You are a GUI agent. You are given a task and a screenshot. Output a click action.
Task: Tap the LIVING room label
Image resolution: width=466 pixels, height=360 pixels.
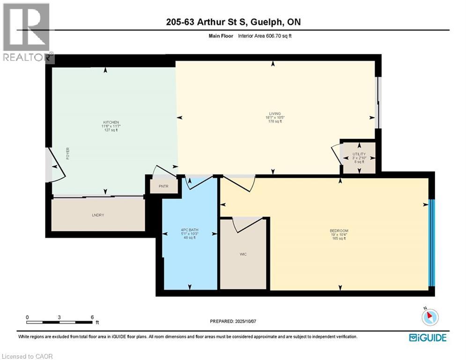tap(275, 113)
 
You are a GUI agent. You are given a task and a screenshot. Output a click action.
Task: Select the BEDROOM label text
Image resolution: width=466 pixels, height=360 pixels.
tap(339, 231)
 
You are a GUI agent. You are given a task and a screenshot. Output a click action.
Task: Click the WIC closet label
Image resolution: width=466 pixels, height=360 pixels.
tap(243, 254)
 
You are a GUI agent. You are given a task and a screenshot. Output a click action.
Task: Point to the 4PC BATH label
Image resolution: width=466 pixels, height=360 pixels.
tap(190, 230)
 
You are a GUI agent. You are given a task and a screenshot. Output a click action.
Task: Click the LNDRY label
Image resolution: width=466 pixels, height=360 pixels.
tap(97, 215)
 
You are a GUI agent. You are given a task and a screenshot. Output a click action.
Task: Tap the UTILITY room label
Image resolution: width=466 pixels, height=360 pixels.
tap(359, 154)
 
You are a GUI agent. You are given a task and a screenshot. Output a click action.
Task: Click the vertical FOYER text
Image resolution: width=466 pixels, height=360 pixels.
tap(67, 154)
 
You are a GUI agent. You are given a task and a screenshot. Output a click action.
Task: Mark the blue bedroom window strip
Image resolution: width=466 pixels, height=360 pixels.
tap(432, 242)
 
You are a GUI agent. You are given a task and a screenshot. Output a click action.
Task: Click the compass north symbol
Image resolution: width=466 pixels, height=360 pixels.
tap(429, 317)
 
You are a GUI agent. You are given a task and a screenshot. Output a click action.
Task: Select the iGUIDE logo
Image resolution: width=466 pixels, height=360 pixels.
tap(427, 337)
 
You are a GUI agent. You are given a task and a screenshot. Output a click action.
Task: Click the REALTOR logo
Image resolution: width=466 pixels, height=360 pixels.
tap(27, 33)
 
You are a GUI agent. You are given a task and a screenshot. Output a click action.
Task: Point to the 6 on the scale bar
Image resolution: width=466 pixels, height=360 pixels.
tap(92, 317)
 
